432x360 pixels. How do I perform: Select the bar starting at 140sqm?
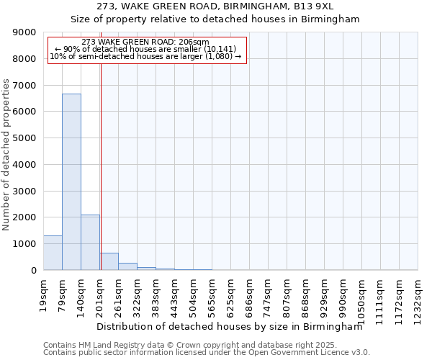tap(90, 242)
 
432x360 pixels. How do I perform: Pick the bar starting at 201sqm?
tap(109, 261)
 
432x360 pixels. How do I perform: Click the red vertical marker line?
tap(101, 166)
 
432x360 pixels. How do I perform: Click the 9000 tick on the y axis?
tap(24, 32)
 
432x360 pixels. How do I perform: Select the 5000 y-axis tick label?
tap(24, 138)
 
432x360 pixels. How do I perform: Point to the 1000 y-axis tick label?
tap(24, 244)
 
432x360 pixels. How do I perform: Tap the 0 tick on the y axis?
tap(33, 270)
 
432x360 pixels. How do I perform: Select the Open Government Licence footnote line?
tap(206, 353)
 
